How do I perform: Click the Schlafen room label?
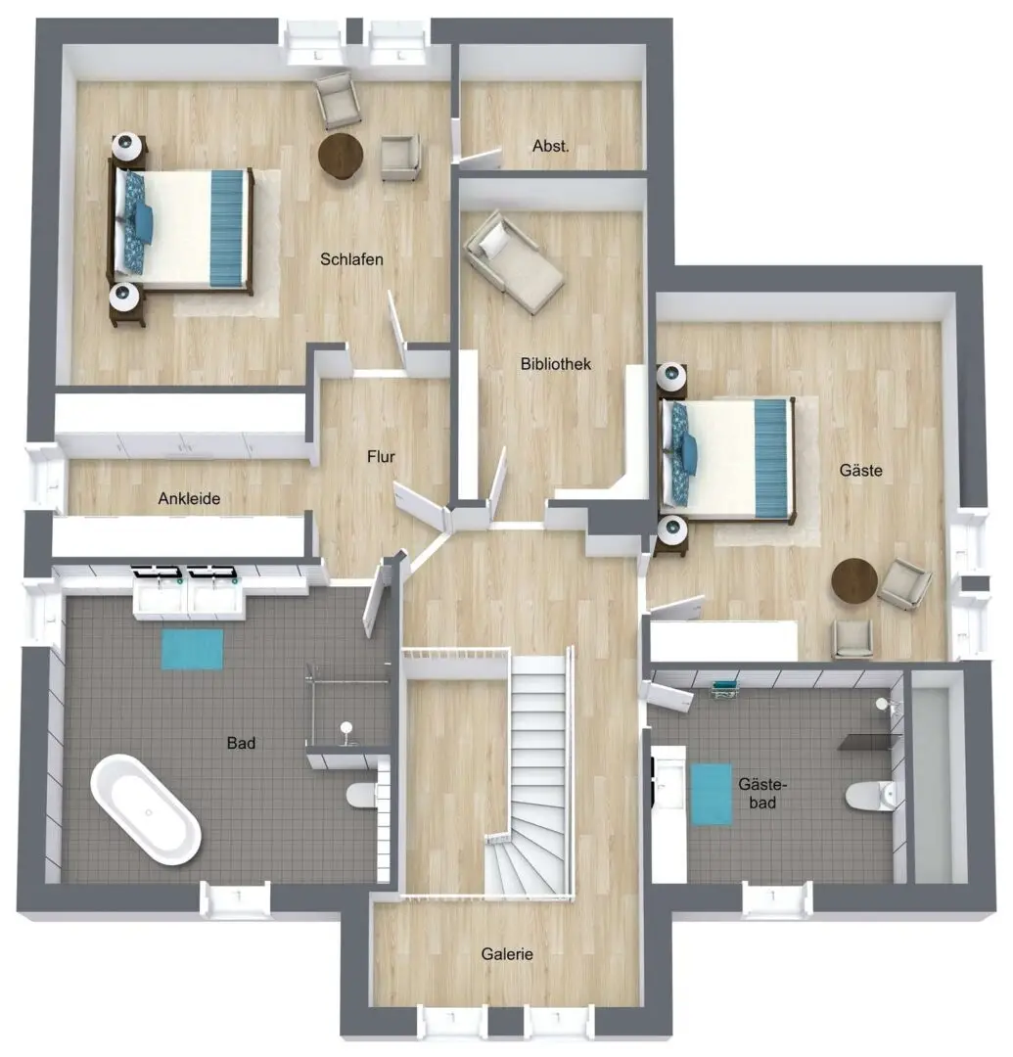tap(351, 259)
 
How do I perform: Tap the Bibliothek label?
tap(555, 364)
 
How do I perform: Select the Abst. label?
tap(550, 146)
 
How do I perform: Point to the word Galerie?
tap(507, 954)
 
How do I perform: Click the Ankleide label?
tap(189, 498)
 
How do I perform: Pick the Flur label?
tap(380, 456)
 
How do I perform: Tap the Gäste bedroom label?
tap(860, 470)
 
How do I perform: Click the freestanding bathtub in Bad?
tap(146, 809)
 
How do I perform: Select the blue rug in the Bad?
tap(192, 649)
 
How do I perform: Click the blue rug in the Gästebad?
tap(711, 794)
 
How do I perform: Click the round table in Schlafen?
tap(341, 156)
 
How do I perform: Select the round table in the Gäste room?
tap(854, 580)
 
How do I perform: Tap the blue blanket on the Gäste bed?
tap(771, 458)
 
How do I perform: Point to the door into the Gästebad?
tap(668, 697)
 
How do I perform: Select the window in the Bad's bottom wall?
tap(236, 898)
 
